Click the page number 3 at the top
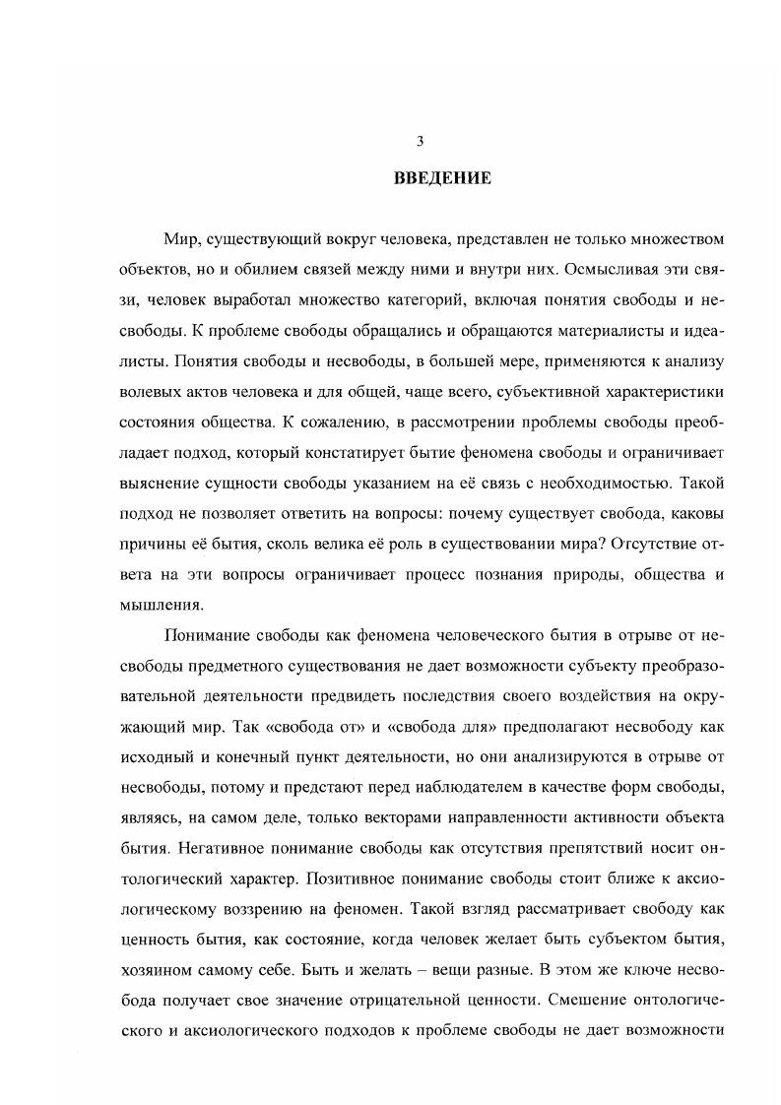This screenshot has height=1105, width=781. click(x=420, y=142)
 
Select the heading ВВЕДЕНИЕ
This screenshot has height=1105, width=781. click(x=421, y=178)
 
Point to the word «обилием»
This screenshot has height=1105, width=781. click(x=219, y=270)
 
